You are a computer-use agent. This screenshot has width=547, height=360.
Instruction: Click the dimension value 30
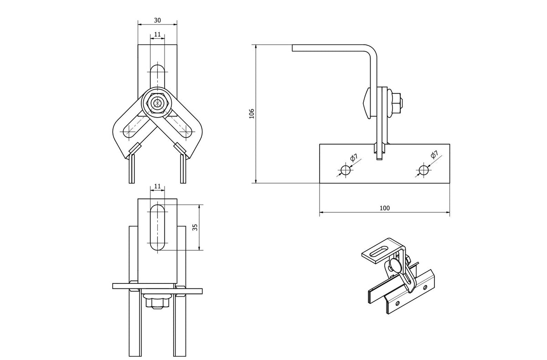tap(157, 20)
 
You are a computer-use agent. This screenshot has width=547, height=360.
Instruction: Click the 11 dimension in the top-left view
tap(157, 35)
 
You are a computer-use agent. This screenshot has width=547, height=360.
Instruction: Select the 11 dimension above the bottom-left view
tap(157, 186)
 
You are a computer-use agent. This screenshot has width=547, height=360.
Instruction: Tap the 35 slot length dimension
tap(195, 227)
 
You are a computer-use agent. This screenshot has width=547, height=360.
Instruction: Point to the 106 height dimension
tap(252, 113)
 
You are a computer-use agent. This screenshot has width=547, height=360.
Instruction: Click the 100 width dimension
tap(385, 208)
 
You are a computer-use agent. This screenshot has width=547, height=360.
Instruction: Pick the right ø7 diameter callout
tap(434, 155)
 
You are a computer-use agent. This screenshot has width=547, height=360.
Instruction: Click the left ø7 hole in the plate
tap(346, 170)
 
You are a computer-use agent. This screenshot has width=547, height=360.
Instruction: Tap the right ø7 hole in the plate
tap(424, 170)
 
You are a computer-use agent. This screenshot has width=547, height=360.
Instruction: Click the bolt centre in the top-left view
tap(157, 103)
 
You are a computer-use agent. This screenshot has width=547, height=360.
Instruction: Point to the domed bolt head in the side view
tap(367, 103)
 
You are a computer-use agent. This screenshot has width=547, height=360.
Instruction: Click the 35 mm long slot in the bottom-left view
tap(157, 227)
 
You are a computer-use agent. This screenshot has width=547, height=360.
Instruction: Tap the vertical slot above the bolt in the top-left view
tap(157, 76)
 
